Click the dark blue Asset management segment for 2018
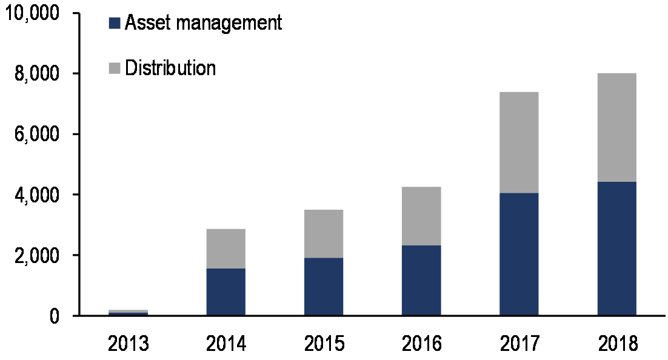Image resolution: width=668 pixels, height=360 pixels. [616, 248]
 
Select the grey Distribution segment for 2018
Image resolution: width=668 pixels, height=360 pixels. [616, 127]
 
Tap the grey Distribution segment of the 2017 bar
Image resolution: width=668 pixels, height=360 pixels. [519, 142]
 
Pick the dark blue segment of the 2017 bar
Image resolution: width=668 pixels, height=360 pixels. [519, 255]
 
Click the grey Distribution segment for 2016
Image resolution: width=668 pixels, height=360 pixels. [421, 216]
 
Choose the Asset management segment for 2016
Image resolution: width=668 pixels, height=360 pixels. [421, 280]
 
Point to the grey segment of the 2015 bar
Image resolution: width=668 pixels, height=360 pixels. [324, 234]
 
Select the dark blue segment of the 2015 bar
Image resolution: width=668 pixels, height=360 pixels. [324, 287]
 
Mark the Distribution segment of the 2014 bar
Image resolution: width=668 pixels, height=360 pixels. [225, 248]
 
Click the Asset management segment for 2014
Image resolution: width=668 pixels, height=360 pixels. [225, 292]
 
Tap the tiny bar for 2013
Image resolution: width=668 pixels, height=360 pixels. [128, 313]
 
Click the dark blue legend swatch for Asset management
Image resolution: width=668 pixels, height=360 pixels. [115, 24]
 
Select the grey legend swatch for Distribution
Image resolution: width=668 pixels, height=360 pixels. [115, 68]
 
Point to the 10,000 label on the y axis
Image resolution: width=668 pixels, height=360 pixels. [34, 13]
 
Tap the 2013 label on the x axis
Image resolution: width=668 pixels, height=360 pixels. [128, 344]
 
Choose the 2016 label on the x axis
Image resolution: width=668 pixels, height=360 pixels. [421, 344]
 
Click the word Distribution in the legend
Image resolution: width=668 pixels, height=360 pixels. [170, 68]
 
